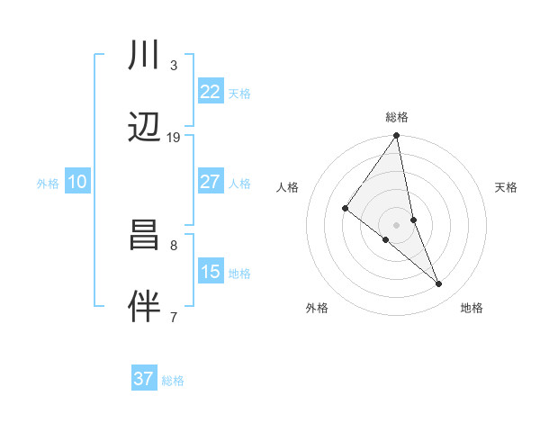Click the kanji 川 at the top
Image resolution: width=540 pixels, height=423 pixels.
pos(144,57)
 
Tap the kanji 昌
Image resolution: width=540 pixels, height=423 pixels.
pos(144,237)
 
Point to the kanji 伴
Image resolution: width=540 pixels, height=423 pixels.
pos(144,306)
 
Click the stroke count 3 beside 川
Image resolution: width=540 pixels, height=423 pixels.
pos(173,66)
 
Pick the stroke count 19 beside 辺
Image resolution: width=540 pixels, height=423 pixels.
pos(173,137)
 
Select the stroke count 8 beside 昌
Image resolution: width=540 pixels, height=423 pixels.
pos(173,245)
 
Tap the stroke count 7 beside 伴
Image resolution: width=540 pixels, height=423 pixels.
pos(173,316)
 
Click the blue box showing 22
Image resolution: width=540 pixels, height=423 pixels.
pos(210,92)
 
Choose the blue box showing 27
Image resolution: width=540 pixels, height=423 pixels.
pos(210,182)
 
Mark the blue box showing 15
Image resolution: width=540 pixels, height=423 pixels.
pos(210,272)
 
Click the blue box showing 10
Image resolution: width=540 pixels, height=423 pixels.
pos(76,182)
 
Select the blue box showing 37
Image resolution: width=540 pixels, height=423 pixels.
pos(143,379)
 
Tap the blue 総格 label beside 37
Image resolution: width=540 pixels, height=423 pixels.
pos(173,381)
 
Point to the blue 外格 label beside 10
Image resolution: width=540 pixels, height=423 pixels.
pos(47,184)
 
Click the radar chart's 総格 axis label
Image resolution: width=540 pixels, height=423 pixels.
pos(396,117)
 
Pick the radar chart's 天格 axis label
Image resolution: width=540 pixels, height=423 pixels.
pos(507,187)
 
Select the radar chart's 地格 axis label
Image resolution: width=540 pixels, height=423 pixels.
pos(472,308)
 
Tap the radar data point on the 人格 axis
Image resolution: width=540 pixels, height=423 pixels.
pos(345,209)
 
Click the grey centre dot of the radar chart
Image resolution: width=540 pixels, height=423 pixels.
pos(396,224)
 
